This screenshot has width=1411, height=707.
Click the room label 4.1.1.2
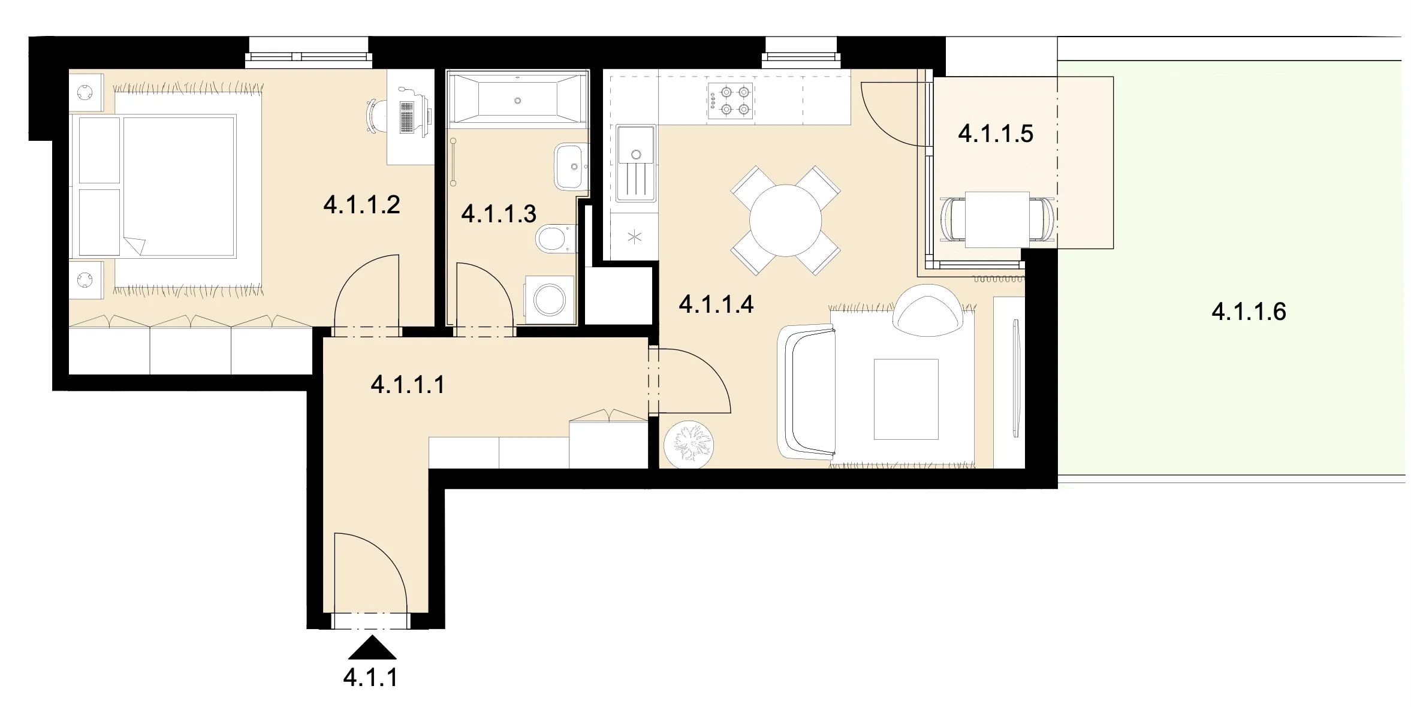(x=361, y=205)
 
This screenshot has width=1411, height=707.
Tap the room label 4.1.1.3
(x=499, y=213)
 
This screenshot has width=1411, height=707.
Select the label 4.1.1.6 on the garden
(x=1249, y=312)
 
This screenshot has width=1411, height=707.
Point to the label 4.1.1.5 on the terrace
(x=996, y=134)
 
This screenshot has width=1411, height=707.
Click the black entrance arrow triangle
(x=372, y=646)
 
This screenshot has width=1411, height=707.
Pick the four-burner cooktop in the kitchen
(x=730, y=101)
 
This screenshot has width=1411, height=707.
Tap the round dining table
(x=785, y=220)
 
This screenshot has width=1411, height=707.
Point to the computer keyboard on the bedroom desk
(x=407, y=117)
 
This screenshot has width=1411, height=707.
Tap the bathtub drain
(x=518, y=101)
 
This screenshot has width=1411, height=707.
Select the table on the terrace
(x=998, y=219)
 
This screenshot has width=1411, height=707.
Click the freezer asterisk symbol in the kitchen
(x=634, y=237)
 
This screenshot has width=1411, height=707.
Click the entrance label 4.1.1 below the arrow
(x=370, y=678)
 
